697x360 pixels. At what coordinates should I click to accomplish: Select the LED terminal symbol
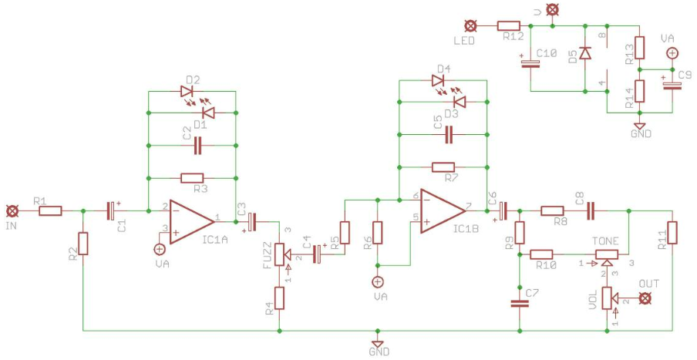470,26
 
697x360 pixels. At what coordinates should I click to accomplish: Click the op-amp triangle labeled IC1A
191,221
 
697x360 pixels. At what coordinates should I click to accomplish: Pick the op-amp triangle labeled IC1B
443,210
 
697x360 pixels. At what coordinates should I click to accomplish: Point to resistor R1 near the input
50,210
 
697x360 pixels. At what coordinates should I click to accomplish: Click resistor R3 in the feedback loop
192,179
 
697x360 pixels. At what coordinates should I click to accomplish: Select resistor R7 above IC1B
443,167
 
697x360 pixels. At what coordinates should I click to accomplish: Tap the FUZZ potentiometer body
281,254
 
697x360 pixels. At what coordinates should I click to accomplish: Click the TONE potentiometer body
606,254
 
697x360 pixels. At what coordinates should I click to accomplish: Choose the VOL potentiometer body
608,298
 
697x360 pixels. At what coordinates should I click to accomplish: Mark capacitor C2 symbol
198,146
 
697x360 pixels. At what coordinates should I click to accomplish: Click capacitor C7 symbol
519,304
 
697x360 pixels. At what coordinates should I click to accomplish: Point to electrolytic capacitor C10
530,61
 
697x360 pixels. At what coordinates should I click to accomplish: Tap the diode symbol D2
187,92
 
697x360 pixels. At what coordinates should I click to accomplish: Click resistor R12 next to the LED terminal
509,26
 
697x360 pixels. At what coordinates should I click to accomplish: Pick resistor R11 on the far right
672,233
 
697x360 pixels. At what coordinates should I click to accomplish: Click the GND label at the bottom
379,352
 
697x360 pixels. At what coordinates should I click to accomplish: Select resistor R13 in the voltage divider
639,48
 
